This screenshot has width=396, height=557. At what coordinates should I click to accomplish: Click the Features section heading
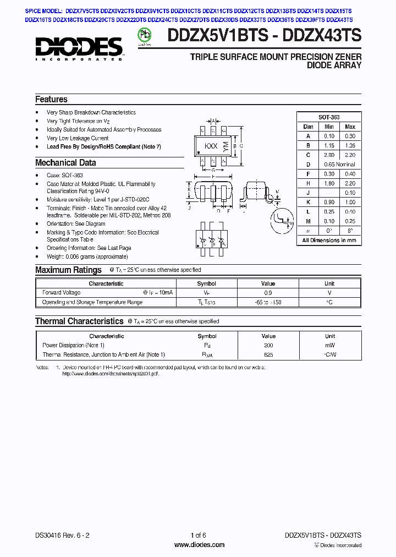coord(51,100)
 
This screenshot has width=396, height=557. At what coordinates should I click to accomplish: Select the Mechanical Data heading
coord(65,163)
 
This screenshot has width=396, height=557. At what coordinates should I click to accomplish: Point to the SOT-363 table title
coord(329,117)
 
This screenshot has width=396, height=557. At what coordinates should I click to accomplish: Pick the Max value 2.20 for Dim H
coord(350,183)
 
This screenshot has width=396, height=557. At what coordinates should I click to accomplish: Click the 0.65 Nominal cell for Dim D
coord(339,165)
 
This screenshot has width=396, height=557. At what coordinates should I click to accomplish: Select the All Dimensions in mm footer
coord(329,241)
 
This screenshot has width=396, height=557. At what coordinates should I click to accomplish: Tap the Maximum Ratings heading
coord(68,270)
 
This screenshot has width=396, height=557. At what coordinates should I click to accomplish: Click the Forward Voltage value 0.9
coord(268,293)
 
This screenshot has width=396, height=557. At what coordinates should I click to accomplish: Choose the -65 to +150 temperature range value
coord(268,302)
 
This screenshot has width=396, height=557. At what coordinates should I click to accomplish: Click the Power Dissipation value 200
coord(268,346)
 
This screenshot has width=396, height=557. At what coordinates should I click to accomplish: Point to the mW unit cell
coord(329,346)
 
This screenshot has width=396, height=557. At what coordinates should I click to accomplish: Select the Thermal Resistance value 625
coord(268,355)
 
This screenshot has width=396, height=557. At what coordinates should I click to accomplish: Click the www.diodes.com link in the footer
coord(199,545)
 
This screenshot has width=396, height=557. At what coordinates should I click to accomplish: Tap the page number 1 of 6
coord(198,536)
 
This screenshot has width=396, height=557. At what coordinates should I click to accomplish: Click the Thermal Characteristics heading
coord(79,321)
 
